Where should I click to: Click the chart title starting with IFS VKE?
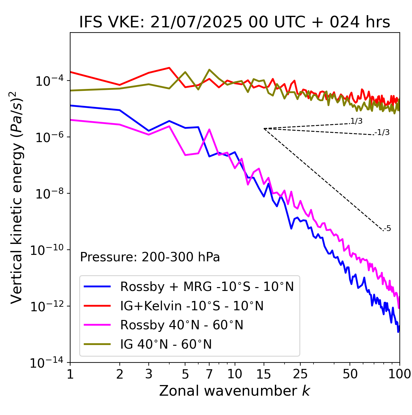pos(235,23)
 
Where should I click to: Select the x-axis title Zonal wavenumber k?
pos(235,391)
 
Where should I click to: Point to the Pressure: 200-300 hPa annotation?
pos(150,257)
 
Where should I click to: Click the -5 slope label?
pos(387,229)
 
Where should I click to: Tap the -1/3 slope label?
pos(382,132)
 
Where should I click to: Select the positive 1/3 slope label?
pos(356,121)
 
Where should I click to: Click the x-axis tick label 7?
pos(209,374)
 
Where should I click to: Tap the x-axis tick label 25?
pos(300,374)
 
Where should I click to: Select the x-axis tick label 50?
pos(350,374)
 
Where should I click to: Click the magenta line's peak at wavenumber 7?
pos(209,130)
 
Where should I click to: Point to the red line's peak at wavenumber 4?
pos(169,68)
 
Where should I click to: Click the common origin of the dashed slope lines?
pos(264,129)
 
